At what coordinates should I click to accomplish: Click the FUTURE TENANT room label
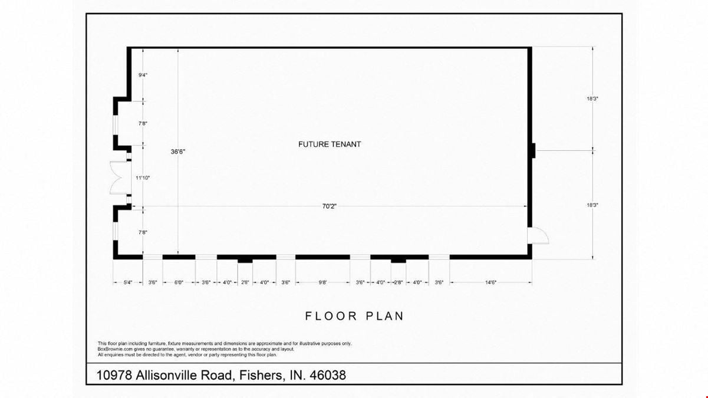[330, 144]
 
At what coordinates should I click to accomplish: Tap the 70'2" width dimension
[330, 206]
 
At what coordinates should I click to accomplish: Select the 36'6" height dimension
[178, 152]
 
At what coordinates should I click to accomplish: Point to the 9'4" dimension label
[143, 75]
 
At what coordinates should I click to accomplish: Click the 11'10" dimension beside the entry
[143, 177]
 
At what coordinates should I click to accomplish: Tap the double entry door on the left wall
[120, 177]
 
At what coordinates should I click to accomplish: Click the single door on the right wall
[538, 236]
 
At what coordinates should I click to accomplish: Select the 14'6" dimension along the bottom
[491, 282]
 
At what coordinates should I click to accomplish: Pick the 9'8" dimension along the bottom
[322, 282]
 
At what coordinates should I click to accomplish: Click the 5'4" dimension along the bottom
[128, 282]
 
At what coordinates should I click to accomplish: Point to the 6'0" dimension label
[179, 282]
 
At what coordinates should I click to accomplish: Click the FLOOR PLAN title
[354, 316]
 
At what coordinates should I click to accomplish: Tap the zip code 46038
[328, 375]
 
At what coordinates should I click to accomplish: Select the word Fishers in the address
[261, 375]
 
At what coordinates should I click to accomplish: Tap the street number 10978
[114, 375]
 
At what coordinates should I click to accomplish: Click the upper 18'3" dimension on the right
[592, 98]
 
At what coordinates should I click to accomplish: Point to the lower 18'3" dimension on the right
[592, 205]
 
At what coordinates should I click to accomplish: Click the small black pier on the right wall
[534, 150]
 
